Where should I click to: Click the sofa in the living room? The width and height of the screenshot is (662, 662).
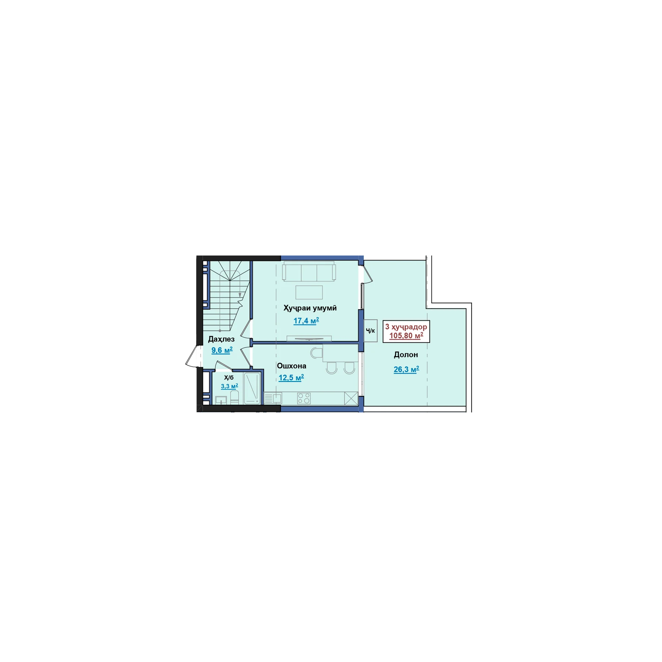(x=309, y=271)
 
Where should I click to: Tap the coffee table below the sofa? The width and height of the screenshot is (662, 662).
(x=309, y=292)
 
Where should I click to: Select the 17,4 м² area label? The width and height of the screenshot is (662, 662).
(x=306, y=321)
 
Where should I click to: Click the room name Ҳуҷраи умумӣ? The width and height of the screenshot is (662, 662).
(x=310, y=308)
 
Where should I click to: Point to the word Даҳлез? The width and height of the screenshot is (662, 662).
(x=221, y=339)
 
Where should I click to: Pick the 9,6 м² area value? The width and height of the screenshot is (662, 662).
(x=222, y=351)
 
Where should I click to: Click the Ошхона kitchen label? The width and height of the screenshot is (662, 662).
(x=291, y=366)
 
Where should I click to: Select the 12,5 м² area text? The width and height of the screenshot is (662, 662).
(x=291, y=378)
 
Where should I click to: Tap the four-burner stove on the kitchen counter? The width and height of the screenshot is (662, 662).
(x=304, y=398)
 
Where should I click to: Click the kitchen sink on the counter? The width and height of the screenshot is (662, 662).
(x=273, y=399)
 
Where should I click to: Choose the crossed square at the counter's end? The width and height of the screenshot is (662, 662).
(x=351, y=398)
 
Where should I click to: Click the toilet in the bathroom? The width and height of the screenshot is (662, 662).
(x=234, y=398)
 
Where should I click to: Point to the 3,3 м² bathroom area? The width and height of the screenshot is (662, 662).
(x=229, y=386)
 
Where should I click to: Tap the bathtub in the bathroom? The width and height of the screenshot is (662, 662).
(x=252, y=388)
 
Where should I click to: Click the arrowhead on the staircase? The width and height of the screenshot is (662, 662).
(x=240, y=295)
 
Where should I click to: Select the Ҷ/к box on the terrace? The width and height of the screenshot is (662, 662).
(x=371, y=331)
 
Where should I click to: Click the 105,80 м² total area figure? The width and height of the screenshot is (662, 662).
(x=406, y=336)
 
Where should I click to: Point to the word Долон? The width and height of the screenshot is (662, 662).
(x=406, y=355)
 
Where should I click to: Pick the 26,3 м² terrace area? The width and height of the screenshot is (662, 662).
(x=407, y=370)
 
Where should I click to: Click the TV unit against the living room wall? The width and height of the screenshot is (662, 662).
(x=309, y=339)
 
